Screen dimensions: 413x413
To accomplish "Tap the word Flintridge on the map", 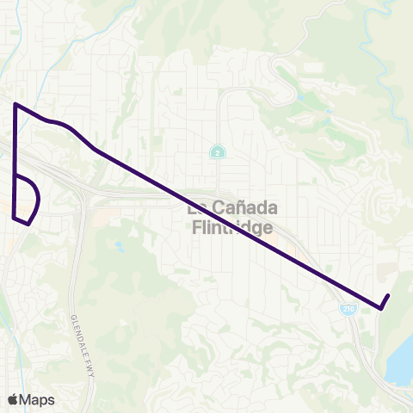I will point(230,228).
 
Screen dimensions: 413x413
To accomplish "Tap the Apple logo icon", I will point(13,399).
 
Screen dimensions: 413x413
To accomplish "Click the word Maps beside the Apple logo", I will point(37,399).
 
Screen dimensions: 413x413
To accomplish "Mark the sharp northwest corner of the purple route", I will point(15,104).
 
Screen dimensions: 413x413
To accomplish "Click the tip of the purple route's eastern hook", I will point(389,296).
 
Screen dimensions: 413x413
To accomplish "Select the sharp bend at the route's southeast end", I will point(381,308).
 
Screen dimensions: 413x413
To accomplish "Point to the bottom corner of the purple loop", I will point(29,224).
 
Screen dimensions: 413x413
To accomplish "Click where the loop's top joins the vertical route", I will point(15,176).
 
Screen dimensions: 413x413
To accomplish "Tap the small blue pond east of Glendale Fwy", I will point(119,248).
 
